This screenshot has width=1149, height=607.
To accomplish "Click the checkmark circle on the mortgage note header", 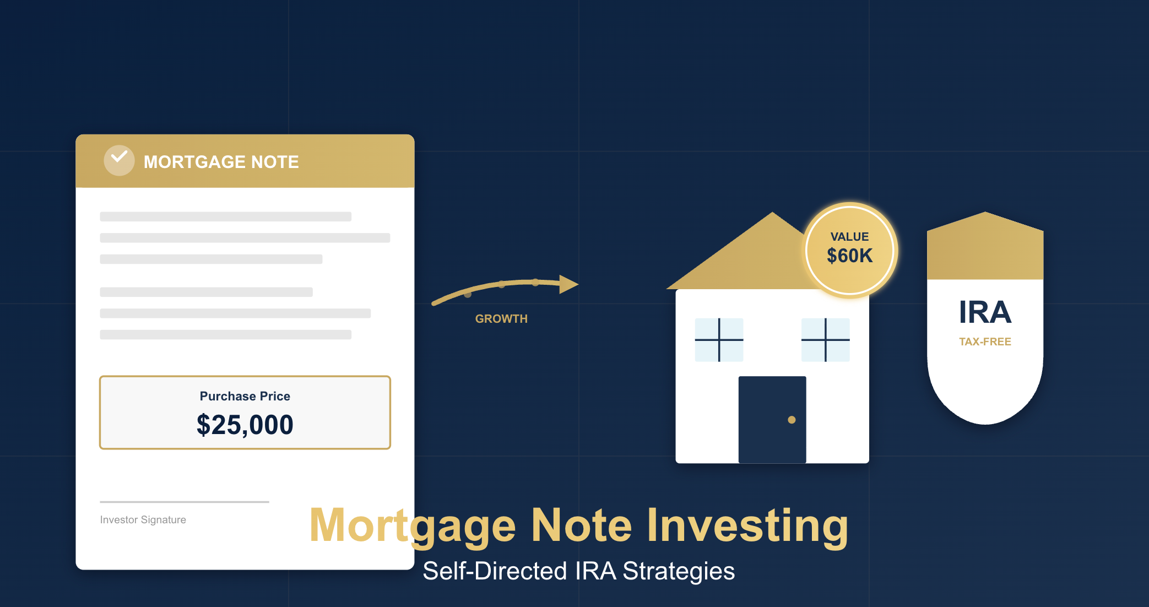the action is [x=119, y=160].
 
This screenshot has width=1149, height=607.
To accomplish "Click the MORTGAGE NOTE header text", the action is [x=221, y=162].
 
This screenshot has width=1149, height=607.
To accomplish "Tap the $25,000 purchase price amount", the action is [x=245, y=425].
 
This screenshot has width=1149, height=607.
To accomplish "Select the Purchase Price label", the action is [x=245, y=396].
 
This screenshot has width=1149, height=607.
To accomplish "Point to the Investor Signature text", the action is [x=143, y=519].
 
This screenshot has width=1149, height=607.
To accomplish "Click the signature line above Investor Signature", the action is [x=185, y=502].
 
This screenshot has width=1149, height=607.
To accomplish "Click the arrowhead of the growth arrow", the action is [x=569, y=284].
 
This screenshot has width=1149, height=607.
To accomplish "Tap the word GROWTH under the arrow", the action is [x=501, y=319].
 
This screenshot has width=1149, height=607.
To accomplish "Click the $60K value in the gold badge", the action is [x=850, y=256].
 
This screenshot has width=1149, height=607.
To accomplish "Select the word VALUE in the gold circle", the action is [x=850, y=237].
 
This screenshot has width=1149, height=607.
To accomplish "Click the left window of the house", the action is [x=719, y=340].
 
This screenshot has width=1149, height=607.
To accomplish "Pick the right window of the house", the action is [x=825, y=340].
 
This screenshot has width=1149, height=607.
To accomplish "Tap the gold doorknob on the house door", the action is [x=792, y=420].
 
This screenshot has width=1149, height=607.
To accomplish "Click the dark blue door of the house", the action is [x=772, y=420].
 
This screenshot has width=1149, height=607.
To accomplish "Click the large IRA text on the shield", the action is [x=985, y=312].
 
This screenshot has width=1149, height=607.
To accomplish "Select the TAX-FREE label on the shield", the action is [x=985, y=342].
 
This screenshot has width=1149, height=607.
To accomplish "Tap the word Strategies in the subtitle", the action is [x=679, y=572].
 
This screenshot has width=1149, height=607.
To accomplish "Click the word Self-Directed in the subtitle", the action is [x=495, y=571].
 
